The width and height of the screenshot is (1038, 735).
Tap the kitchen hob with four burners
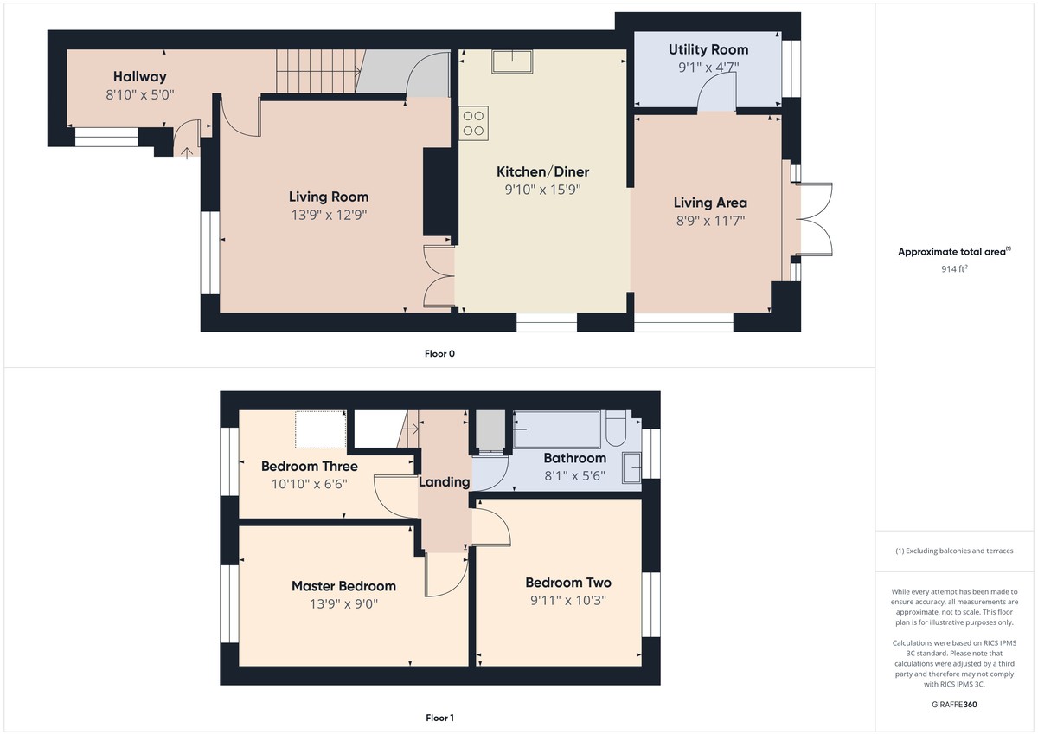point(474,122)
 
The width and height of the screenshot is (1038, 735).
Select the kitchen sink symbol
point(512,61)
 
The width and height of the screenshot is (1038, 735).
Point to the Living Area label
point(710,203)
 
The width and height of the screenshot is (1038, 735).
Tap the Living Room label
point(329,197)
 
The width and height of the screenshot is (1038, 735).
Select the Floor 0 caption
point(439,353)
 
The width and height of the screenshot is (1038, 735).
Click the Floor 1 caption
point(439,718)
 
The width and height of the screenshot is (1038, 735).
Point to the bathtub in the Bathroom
point(554,429)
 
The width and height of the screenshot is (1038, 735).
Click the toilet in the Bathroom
point(618,430)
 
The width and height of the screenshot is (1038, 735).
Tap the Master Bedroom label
point(343,586)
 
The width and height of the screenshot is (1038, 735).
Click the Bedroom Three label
point(309,467)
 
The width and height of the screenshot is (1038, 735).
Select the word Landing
point(445,482)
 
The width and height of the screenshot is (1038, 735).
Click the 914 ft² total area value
point(954,269)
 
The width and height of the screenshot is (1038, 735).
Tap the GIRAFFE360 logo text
point(954,705)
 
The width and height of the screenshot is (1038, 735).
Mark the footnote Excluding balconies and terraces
point(954,551)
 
